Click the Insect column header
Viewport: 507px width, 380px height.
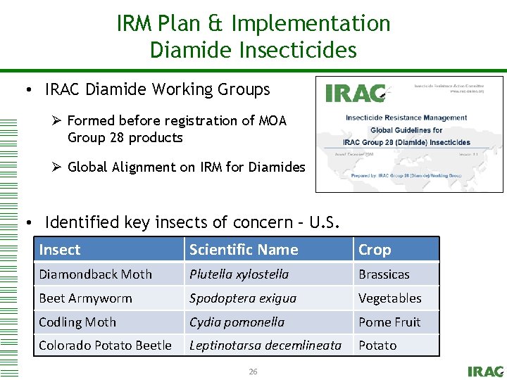point(60,250)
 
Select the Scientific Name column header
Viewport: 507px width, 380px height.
point(244,250)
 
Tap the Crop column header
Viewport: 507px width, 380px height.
point(375,250)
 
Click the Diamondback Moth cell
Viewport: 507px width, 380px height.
point(95,274)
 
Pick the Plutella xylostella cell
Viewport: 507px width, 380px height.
point(239,274)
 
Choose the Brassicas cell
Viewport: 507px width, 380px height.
point(384,274)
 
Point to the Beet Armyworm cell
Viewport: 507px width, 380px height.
point(85,298)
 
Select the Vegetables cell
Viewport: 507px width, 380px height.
point(390,298)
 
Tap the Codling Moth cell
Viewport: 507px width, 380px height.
point(77,322)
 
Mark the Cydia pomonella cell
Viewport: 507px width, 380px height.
point(237,322)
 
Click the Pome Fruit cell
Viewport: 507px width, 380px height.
point(389,322)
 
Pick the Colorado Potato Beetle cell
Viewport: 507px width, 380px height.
point(105,346)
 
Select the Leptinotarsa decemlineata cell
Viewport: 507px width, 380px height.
point(265,346)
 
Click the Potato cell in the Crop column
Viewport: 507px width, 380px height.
point(377,346)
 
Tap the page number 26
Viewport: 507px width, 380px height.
point(253,371)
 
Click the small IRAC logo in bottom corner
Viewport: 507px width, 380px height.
point(485,371)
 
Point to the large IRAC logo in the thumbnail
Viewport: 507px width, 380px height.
point(356,94)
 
